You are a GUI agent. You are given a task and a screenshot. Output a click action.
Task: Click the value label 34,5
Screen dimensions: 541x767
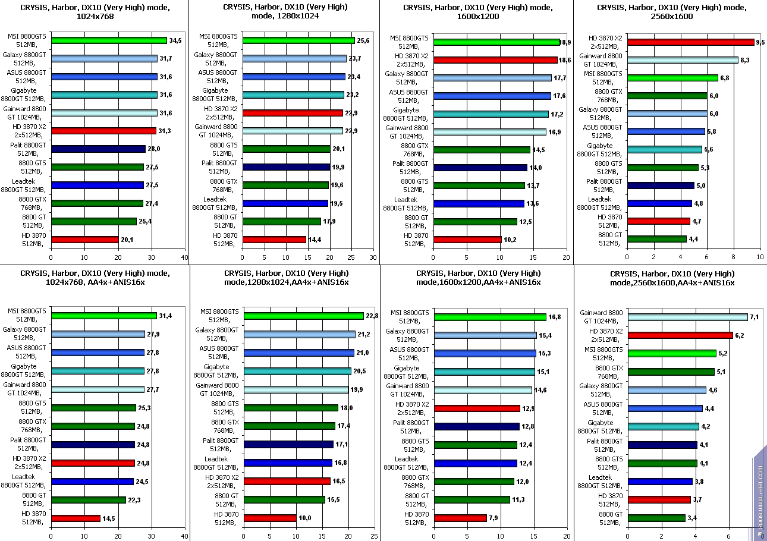[x=175, y=41]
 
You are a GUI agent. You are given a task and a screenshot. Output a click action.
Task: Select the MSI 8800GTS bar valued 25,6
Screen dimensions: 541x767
[x=298, y=40]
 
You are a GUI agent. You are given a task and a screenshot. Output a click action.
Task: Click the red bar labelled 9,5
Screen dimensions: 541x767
[x=690, y=42]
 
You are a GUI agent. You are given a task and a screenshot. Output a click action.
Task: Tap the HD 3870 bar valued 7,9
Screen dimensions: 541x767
[x=460, y=518]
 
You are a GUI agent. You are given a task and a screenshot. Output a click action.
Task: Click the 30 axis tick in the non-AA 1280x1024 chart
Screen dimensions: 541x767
[x=372, y=258]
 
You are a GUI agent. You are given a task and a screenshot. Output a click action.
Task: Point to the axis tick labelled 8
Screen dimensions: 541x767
[x=733, y=258]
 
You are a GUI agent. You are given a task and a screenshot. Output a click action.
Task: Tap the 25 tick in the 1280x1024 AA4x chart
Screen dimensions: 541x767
[x=374, y=536]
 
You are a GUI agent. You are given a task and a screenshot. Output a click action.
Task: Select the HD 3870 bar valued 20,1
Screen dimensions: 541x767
[x=85, y=240]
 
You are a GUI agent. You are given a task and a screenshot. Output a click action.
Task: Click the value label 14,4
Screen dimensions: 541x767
[x=314, y=240]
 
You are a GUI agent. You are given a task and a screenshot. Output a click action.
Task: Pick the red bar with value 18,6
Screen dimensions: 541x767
[x=495, y=60]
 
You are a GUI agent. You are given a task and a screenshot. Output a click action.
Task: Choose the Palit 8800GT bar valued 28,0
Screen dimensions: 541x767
[x=98, y=149]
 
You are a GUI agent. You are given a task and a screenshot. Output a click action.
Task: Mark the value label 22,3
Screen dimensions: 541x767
[x=134, y=500]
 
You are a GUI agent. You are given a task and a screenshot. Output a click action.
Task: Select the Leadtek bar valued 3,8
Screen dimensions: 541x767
[x=660, y=482]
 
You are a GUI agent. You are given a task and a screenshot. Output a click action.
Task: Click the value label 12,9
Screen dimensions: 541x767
[x=528, y=408]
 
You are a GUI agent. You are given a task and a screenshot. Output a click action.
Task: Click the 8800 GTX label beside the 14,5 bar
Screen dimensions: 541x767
[x=414, y=149]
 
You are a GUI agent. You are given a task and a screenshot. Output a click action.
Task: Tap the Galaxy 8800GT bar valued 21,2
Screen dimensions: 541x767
[x=300, y=335]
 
